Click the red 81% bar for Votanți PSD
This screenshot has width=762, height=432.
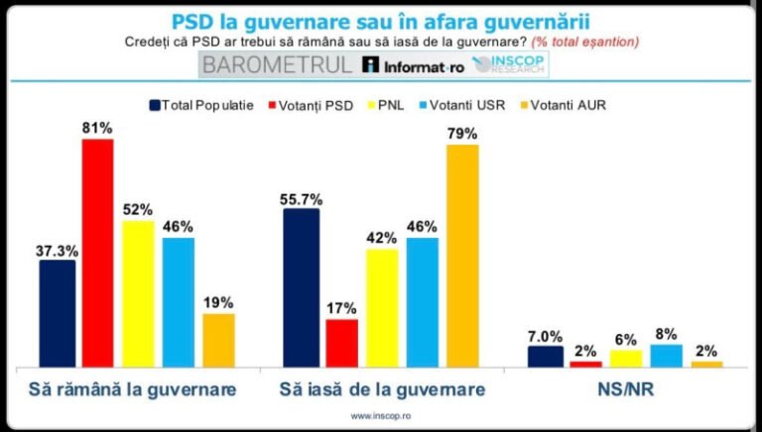click(x=97, y=253)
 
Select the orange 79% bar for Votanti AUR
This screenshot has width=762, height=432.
click(x=462, y=256)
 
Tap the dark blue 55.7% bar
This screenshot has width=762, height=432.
click(x=302, y=287)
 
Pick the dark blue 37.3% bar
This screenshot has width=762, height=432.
click(x=58, y=313)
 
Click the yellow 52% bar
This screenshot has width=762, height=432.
click(x=138, y=293)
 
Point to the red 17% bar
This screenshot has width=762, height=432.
click(x=341, y=343)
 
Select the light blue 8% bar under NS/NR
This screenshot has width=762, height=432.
click(x=667, y=356)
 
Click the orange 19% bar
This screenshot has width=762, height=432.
click(x=218, y=340)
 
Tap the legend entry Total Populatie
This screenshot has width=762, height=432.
click(x=202, y=104)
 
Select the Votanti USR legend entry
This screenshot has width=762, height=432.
click(x=472, y=104)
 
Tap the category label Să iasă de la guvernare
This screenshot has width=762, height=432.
click(x=382, y=389)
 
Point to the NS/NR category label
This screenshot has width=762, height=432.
click(x=626, y=389)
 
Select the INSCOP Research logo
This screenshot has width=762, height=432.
click(x=509, y=65)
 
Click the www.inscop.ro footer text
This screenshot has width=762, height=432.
click(x=382, y=416)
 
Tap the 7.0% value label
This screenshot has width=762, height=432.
click(x=544, y=336)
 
